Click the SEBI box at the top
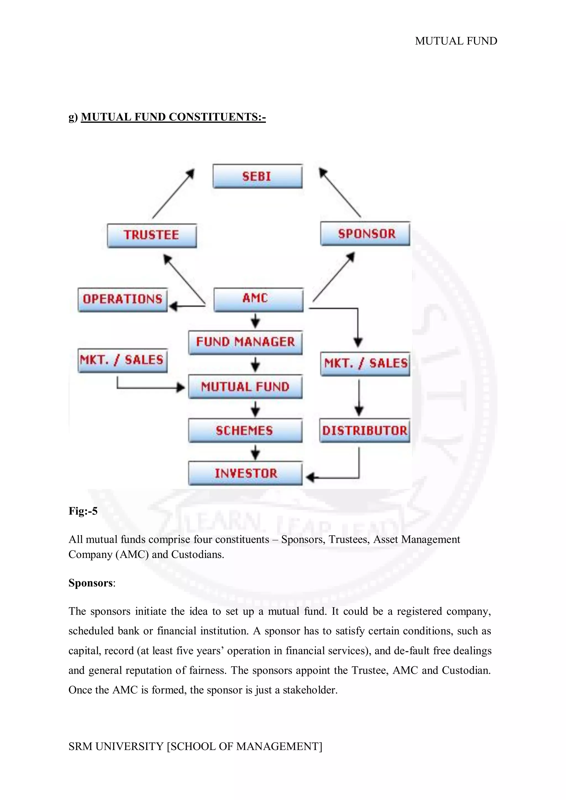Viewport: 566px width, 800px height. point(257,176)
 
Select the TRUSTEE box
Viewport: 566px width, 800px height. point(152,236)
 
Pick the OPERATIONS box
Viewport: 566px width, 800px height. point(122,300)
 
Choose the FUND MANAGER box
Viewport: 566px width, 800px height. point(245,343)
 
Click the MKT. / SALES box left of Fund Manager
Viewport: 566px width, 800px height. point(122,360)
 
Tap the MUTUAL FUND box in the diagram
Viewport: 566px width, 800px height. point(245,387)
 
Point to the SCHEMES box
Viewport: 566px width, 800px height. point(245,431)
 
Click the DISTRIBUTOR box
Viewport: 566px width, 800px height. point(365,431)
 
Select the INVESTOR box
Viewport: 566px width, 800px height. point(245,473)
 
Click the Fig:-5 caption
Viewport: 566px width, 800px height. point(83,511)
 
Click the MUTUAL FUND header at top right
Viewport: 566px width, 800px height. point(456,41)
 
